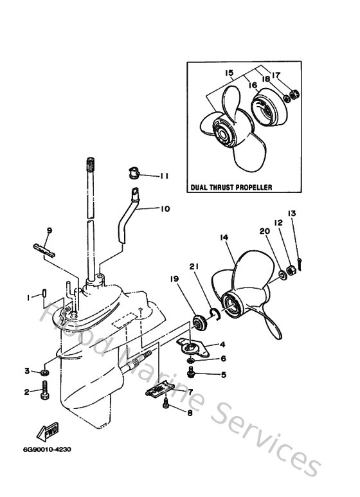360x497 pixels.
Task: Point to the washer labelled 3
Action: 44,372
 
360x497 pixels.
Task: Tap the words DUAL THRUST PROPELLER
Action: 231,188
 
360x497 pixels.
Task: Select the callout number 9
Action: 49,231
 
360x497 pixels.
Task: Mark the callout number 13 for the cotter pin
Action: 291,213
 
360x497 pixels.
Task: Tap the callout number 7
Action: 190,391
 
